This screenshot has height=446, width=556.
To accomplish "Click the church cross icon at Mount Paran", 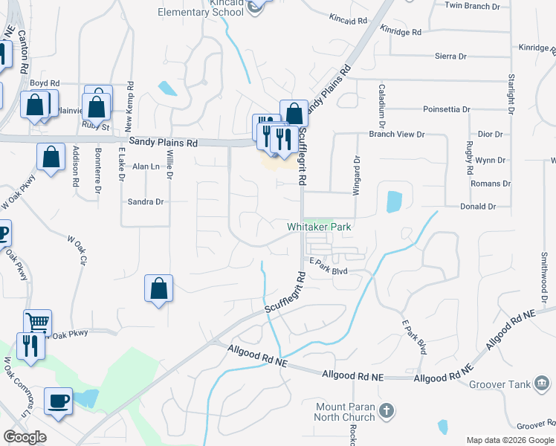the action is click(x=385, y=410).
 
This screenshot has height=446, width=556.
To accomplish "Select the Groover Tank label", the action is click(x=500, y=384).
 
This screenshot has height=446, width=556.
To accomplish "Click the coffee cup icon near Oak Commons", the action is click(x=58, y=400).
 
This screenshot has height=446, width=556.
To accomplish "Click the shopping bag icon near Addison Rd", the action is click(x=51, y=157).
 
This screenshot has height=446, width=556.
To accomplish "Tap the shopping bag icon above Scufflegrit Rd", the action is click(x=294, y=113).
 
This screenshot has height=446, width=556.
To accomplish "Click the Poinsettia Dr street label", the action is click(x=447, y=109).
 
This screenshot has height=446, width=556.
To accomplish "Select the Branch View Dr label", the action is click(x=397, y=135).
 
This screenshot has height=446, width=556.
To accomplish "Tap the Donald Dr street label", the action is click(x=478, y=207).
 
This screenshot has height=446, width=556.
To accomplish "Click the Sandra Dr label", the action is click(x=146, y=201).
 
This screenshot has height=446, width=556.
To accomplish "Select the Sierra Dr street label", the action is click(x=450, y=56).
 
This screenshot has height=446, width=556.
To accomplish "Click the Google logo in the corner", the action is click(x=25, y=437).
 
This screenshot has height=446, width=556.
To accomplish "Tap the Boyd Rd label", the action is click(x=45, y=84).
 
